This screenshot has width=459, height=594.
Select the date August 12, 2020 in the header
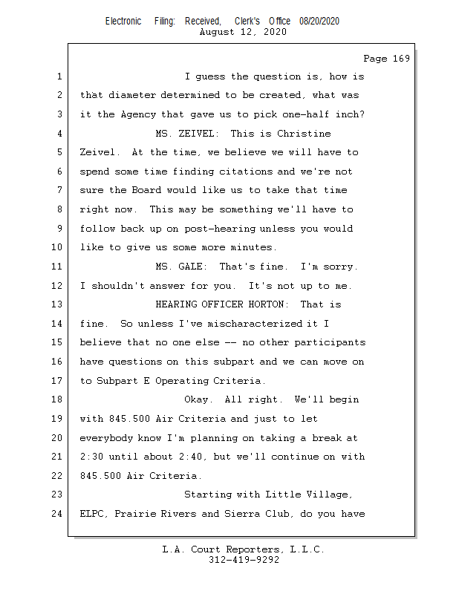point(244,32)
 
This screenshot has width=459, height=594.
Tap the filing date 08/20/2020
point(319,21)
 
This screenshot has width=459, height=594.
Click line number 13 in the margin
point(59,304)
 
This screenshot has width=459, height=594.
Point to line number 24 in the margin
point(59,513)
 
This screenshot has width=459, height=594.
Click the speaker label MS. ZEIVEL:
point(187,134)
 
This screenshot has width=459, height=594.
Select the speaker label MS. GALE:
point(184,267)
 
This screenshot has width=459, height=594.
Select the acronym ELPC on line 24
point(94,513)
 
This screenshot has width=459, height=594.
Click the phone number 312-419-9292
point(244,560)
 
